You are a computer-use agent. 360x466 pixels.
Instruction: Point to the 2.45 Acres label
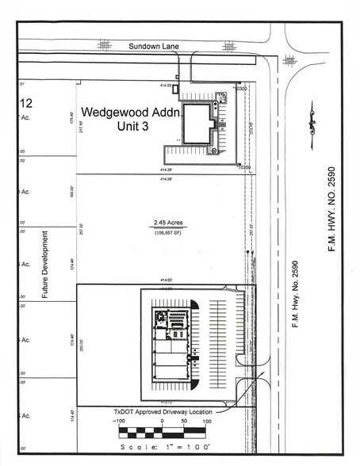click(x=163, y=224)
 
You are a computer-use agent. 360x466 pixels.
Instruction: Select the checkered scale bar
click(x=163, y=433)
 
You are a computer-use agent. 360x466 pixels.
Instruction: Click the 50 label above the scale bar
click(x=185, y=422)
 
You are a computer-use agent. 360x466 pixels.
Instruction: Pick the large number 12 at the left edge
click(x=26, y=102)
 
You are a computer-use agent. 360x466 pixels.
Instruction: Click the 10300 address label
click(x=243, y=89)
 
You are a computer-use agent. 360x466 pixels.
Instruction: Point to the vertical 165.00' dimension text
click(x=72, y=192)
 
